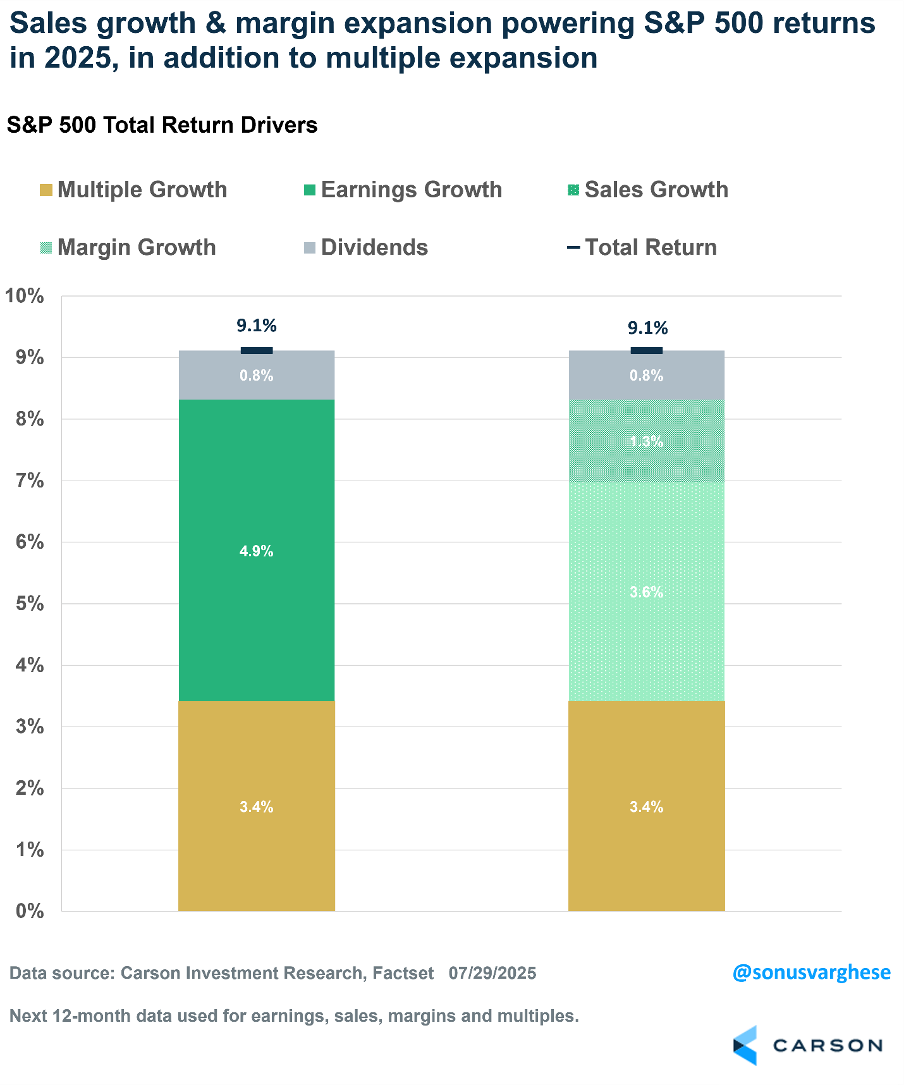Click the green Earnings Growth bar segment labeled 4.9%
pyautogui.click(x=256, y=550)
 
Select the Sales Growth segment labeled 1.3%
pyautogui.click(x=646, y=441)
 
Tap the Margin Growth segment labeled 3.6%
pyautogui.click(x=646, y=592)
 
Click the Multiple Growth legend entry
pyautogui.click(x=133, y=190)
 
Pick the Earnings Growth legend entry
pyautogui.click(x=403, y=190)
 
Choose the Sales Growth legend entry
pyautogui.click(x=648, y=190)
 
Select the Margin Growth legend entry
pyautogui.click(x=128, y=247)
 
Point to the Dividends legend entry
pyautogui.click(x=366, y=247)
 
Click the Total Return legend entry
pyautogui.click(x=642, y=247)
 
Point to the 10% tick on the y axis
pyautogui.click(x=24, y=296)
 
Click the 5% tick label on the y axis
pyautogui.click(x=28, y=604)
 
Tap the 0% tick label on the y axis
pyautogui.click(x=28, y=911)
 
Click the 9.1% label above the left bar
pyautogui.click(x=256, y=326)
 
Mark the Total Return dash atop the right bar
pyautogui.click(x=646, y=350)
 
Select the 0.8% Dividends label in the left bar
pyautogui.click(x=256, y=376)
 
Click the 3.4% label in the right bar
pyautogui.click(x=646, y=807)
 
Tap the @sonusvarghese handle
pyautogui.click(x=811, y=972)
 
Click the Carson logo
pyautogui.click(x=808, y=1045)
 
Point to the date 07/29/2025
pyautogui.click(x=492, y=973)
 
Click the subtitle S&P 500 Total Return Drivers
pyautogui.click(x=162, y=125)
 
